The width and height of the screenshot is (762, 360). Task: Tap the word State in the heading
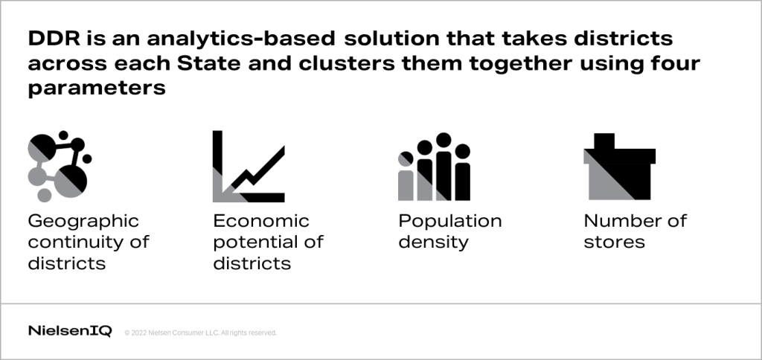pos(208,64)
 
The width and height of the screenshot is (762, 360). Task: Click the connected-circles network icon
pos(60,166)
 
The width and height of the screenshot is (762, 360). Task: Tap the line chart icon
pos(249,166)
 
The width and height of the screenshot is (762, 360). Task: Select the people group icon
pos(434,167)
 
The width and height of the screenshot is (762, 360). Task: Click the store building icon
pos(620,167)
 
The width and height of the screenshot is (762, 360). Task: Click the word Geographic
pos(83,222)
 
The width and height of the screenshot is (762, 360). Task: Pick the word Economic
pos(261,221)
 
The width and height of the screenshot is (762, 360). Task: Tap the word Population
pos(450,222)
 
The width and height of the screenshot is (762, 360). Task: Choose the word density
pos(434,242)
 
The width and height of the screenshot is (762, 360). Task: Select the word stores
pos(614,242)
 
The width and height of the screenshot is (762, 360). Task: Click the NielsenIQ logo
pos(70,331)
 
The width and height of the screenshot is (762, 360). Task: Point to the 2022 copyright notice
pos(201,332)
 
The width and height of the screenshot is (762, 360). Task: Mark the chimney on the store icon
pos(604,141)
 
